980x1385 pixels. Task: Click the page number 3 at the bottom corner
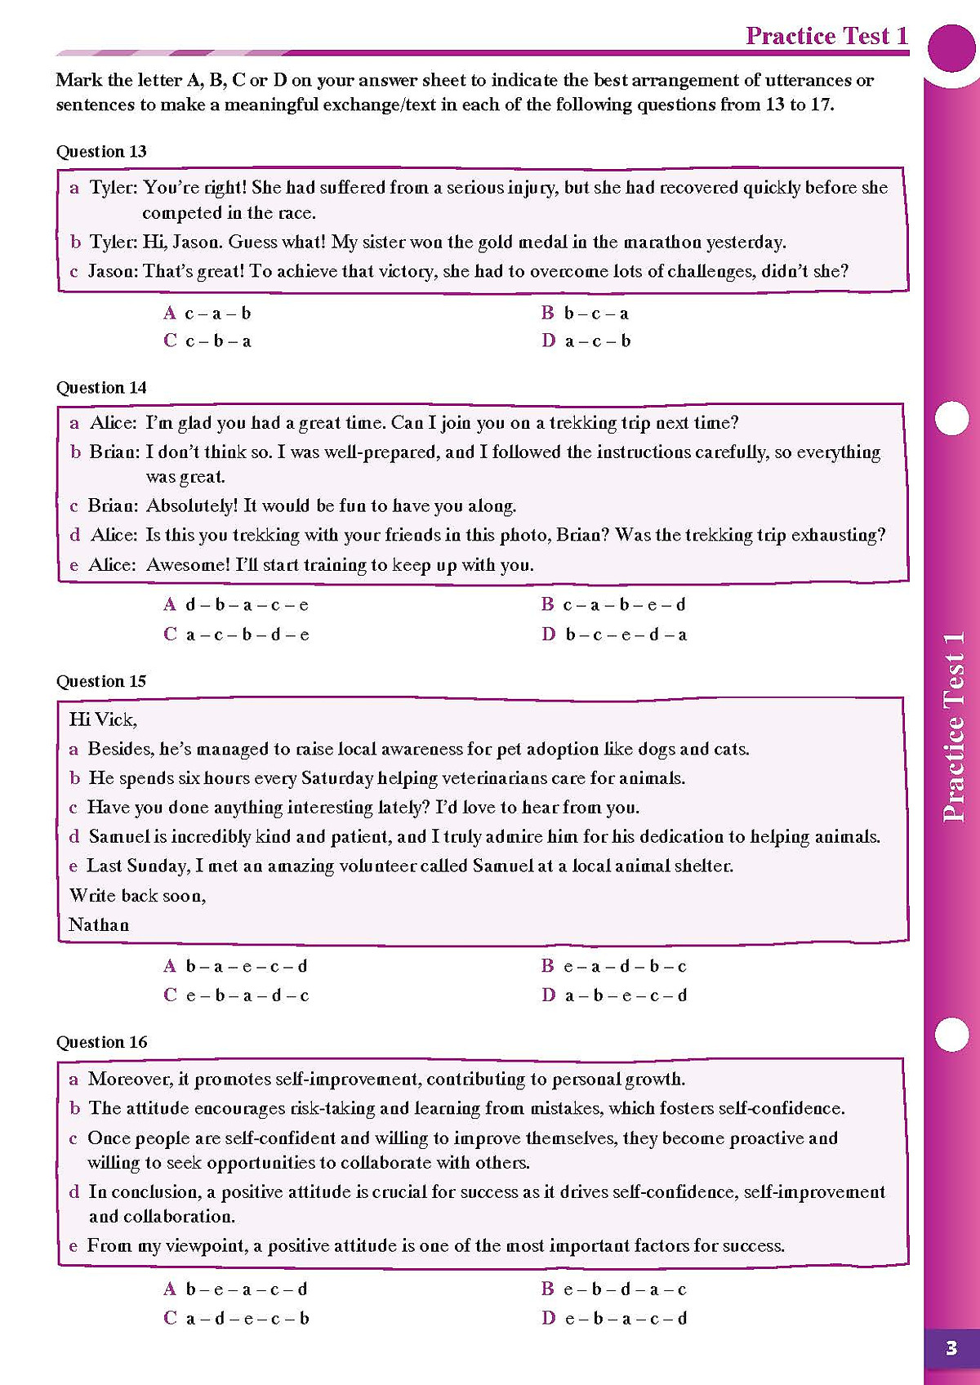[x=951, y=1347]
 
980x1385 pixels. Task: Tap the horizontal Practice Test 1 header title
[x=826, y=36]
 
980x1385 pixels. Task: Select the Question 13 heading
[x=101, y=151]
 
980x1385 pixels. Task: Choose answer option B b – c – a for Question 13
[x=585, y=313]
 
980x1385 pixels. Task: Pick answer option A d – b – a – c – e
[x=236, y=605]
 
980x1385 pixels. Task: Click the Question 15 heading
[x=101, y=681]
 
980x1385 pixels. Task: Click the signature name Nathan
[x=99, y=924]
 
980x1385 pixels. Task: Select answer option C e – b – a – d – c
[x=236, y=995]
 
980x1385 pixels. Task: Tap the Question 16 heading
[x=101, y=1042]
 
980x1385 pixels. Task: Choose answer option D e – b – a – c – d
[x=614, y=1318]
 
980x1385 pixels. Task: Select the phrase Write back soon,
[x=137, y=896]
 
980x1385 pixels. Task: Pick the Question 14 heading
[x=101, y=387]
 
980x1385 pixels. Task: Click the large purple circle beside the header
[x=952, y=48]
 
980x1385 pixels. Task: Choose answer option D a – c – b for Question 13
[x=586, y=341]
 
